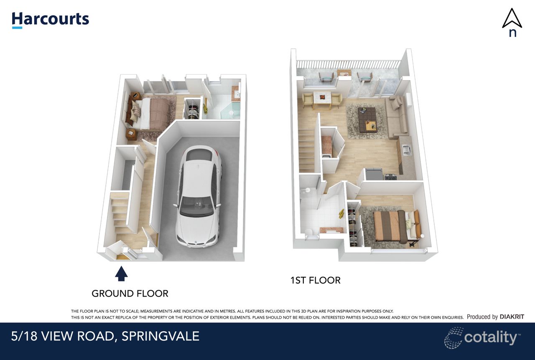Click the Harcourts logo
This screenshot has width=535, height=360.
tap(50, 20)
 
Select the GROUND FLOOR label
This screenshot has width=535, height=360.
tap(130, 294)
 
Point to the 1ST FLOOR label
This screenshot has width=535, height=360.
tap(315, 280)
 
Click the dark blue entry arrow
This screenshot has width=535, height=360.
tap(122, 274)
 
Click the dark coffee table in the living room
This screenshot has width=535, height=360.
tap(368, 119)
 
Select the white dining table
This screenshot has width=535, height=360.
tap(322, 98)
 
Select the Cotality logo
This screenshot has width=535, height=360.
tap(482, 337)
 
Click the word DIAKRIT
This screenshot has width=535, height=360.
tap(512, 317)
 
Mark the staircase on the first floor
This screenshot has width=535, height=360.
tap(306, 150)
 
